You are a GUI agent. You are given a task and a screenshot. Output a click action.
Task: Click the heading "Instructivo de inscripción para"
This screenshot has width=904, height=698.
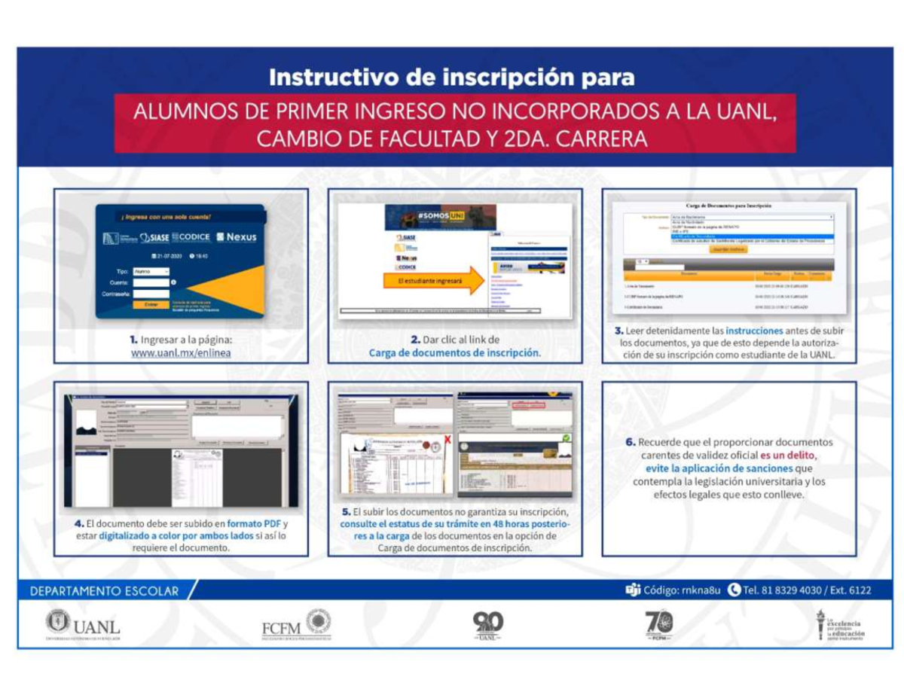[451, 78]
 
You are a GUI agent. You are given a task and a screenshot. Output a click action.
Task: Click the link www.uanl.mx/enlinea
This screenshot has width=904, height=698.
[181, 352]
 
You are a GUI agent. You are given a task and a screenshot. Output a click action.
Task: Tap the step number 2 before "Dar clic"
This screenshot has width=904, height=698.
[414, 340]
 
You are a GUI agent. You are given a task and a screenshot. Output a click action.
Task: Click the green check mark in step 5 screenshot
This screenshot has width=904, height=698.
[566, 437]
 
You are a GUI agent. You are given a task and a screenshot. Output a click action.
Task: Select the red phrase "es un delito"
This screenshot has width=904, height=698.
[788, 456]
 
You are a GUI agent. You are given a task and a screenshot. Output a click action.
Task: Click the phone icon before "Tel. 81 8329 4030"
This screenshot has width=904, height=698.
[734, 590]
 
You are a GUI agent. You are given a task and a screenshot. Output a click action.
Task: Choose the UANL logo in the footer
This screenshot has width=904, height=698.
[83, 624]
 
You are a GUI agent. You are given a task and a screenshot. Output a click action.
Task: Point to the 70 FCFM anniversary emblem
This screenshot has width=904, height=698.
[659, 625]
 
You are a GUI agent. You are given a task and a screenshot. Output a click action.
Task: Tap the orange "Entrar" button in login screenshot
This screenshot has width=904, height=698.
[151, 305]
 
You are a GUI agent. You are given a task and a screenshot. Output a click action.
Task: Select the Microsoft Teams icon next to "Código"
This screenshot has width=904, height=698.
[632, 590]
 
